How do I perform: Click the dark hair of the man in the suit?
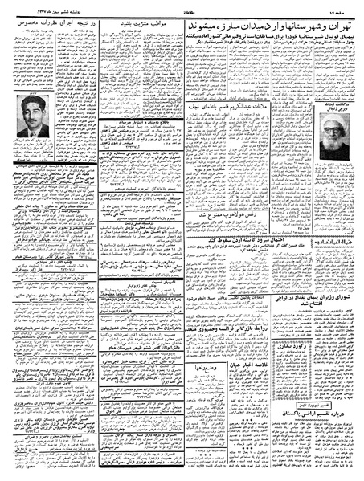tap(33, 115)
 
